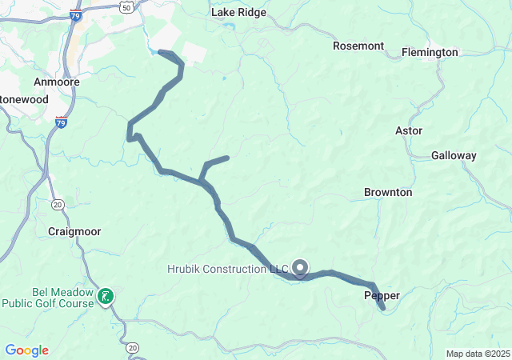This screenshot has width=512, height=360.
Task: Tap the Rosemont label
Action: coord(358,46)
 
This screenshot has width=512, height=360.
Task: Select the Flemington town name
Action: coord(430,52)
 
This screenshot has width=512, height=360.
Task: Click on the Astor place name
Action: coord(409,130)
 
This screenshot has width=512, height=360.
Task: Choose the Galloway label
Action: coord(454,155)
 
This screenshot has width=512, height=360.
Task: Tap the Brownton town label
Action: coord(388,192)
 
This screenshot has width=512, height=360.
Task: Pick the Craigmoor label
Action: coord(74,231)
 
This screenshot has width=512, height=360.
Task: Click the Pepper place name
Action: coord(382,295)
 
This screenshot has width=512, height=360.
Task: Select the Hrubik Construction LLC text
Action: coord(226,269)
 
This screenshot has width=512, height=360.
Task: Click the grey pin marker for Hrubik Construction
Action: coord(301,268)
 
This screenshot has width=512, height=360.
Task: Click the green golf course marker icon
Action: coord(105,297)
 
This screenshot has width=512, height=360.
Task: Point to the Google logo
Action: coord(26,350)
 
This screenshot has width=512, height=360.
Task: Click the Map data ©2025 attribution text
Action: coord(477,354)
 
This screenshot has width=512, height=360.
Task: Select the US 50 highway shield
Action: coord(126,6)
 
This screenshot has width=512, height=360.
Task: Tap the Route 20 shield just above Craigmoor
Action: coord(58,205)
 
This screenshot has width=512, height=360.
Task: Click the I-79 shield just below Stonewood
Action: coord(62,122)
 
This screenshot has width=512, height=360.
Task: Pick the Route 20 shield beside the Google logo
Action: coord(133,347)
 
